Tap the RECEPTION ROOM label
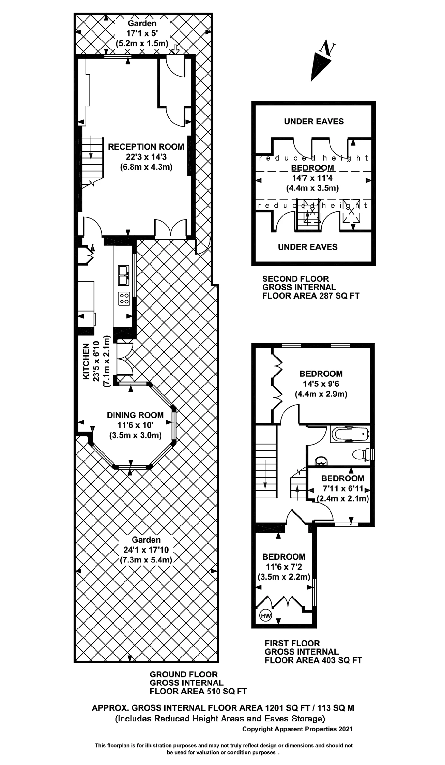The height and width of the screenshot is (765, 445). point(146,147)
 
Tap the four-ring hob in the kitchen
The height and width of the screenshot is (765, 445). point(124,299)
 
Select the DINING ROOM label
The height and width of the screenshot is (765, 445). point(135,415)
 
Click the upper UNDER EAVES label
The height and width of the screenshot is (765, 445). point(314,121)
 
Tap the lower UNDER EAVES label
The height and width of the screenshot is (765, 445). point(308,247)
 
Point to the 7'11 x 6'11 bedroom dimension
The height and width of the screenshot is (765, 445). point(342,489)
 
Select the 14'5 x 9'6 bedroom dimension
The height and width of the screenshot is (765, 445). point(321,384)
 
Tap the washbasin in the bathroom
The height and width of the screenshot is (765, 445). point(321,461)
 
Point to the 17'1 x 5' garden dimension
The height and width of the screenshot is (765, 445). point(142,33)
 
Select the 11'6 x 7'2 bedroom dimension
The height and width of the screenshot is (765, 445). point(283,567)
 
